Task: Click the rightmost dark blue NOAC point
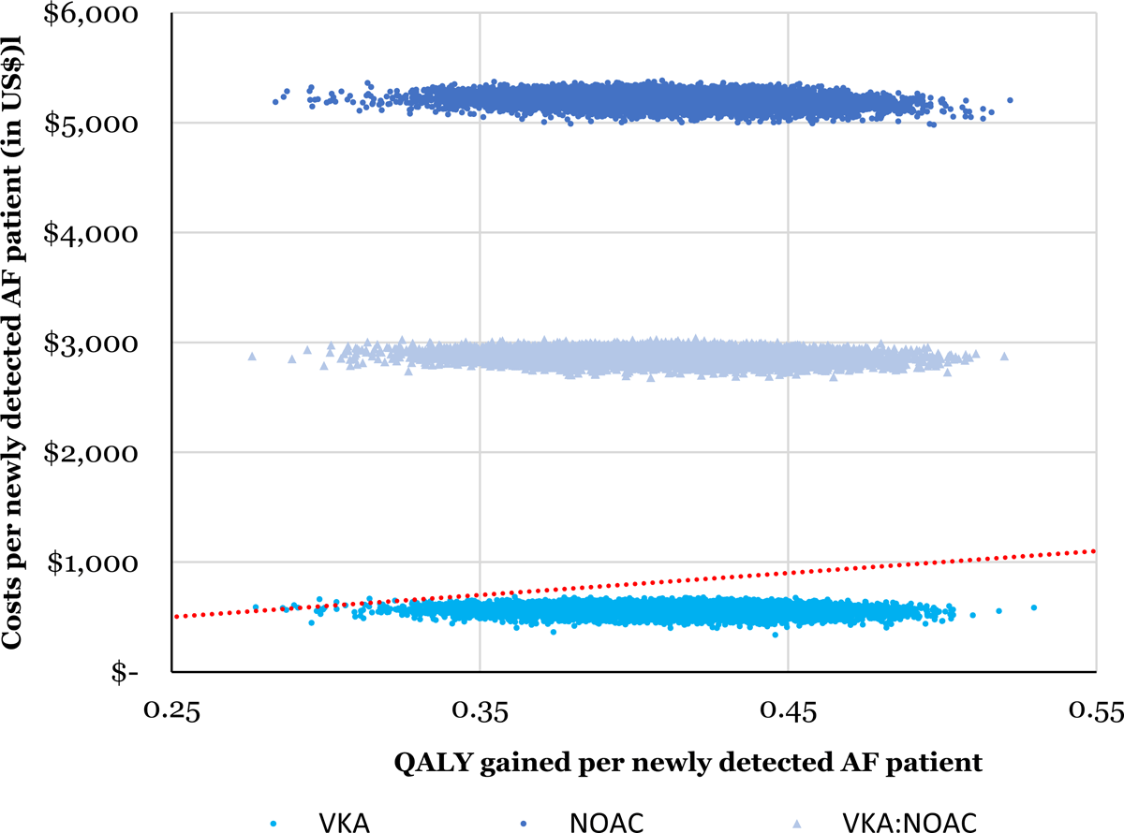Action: [1010, 99]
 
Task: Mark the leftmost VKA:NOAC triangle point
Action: [251, 356]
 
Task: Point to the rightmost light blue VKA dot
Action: [1033, 607]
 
